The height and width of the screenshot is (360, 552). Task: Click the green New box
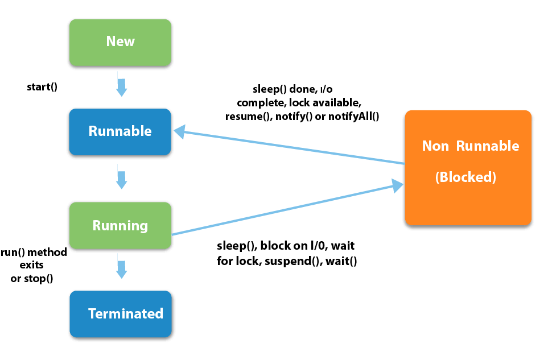click(120, 43)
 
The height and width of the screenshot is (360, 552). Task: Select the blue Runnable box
click(120, 132)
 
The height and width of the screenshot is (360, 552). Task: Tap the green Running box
click(120, 226)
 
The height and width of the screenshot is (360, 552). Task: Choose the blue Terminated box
click(120, 314)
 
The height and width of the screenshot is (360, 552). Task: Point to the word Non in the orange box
click(435, 146)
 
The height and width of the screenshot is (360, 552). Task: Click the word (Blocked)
click(466, 177)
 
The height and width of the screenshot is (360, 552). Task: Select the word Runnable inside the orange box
click(487, 146)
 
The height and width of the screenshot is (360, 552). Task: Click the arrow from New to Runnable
click(121, 84)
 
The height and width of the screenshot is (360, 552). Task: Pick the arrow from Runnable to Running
click(121, 177)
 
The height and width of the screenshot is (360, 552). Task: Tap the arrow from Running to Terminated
click(121, 267)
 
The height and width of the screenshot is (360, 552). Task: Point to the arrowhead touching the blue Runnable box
click(179, 133)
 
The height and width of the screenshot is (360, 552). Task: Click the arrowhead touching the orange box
click(398, 185)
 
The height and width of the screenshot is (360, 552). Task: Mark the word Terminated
click(126, 314)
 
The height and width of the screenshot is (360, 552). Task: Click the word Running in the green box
click(120, 226)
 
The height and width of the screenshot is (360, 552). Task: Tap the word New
click(120, 42)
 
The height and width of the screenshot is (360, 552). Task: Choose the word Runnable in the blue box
click(120, 131)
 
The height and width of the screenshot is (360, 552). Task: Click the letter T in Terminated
click(92, 314)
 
